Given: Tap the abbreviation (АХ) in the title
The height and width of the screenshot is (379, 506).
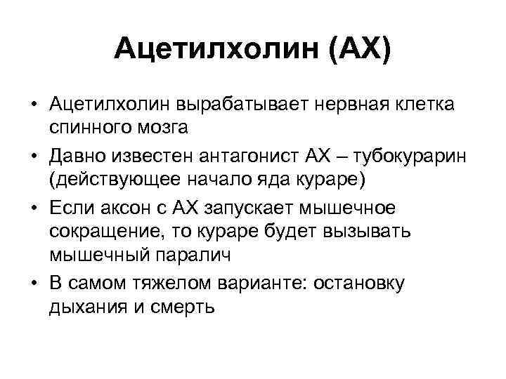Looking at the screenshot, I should point(355,49).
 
